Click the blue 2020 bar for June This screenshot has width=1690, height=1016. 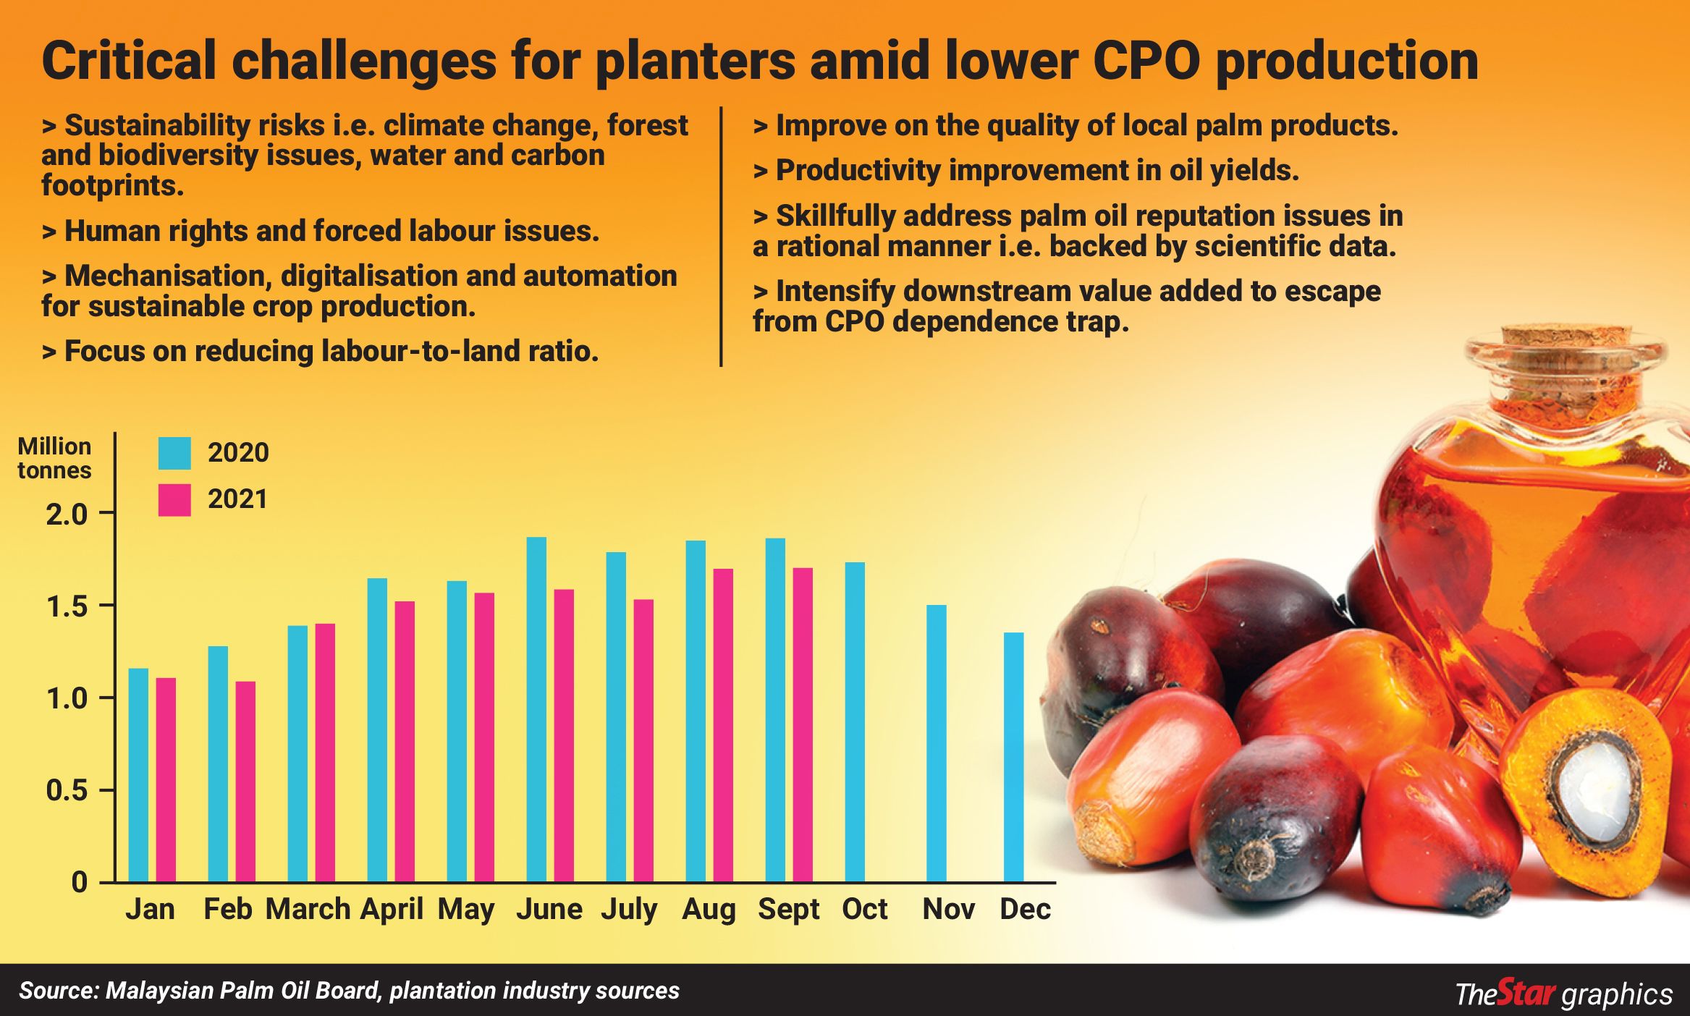point(536,709)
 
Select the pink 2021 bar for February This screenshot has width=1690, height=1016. point(245,782)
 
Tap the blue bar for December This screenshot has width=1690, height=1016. point(1013,757)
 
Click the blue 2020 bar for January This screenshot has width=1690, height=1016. point(138,774)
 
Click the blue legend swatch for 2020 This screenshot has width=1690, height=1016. point(174,453)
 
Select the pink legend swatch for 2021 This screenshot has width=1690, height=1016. point(174,500)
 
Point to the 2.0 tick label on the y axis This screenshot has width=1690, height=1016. point(67,515)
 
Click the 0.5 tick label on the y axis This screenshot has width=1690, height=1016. point(67,790)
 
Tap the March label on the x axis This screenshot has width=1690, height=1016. point(308,909)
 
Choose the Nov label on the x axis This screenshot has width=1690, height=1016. point(948,909)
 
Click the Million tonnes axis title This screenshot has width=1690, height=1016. point(54,458)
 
